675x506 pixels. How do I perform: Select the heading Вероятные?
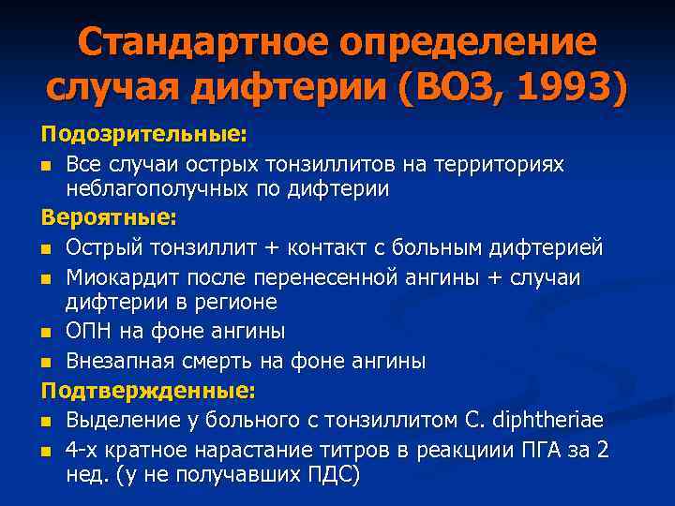click(109, 217)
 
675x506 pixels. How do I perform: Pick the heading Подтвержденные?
click(148, 389)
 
